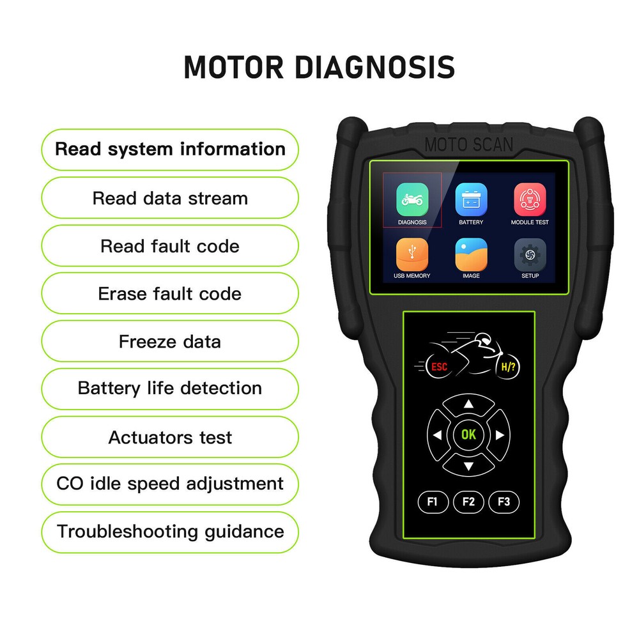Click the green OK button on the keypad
[468, 435]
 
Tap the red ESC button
[439, 367]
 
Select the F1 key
[433, 502]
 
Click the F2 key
[468, 502]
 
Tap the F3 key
[504, 502]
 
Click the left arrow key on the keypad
[438, 435]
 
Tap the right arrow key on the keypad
[500, 435]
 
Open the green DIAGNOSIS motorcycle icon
[412, 199]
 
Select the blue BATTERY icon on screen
[471, 199]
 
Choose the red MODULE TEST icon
[530, 199]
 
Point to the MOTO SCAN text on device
[468, 144]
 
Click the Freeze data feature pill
[170, 341]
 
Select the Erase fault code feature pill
[170, 294]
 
